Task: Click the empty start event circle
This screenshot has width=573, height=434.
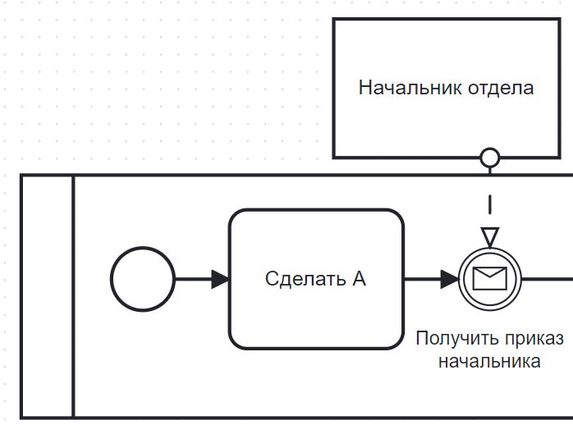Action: (142, 279)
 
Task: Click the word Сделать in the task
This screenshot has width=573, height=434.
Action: (296, 279)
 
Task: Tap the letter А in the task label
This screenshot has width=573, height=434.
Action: (359, 279)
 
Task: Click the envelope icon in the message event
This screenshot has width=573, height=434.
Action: (490, 279)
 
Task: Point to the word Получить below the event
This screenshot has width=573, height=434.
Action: (454, 339)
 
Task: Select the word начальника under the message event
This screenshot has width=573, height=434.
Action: (489, 361)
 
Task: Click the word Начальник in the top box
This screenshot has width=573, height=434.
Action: (409, 88)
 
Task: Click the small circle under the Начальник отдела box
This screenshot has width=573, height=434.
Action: (490, 157)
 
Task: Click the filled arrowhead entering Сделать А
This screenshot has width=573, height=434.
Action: (220, 279)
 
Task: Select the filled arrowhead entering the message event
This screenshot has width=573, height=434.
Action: (449, 279)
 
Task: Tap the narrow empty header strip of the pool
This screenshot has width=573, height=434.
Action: (47, 295)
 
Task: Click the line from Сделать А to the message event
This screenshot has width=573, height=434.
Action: (423, 279)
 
